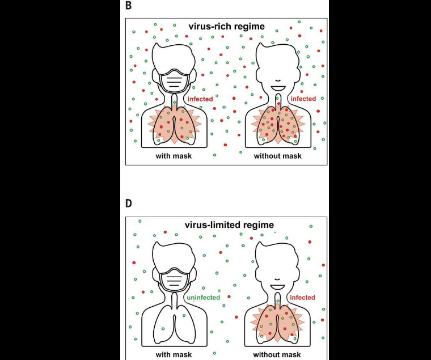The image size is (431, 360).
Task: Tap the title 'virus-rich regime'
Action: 226,26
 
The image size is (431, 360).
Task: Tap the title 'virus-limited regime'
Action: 226,225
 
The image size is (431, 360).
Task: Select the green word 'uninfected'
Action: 202,298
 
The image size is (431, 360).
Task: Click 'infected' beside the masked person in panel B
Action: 200,99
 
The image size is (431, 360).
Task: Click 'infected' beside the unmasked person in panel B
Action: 303,99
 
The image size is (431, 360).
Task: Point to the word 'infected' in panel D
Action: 302,298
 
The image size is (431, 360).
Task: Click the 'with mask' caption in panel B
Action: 174,155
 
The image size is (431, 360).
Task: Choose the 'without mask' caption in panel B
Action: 277,155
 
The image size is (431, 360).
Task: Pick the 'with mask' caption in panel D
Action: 174,355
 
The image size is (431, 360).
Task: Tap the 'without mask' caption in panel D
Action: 277,355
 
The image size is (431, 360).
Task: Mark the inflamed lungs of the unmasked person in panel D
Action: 277,323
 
